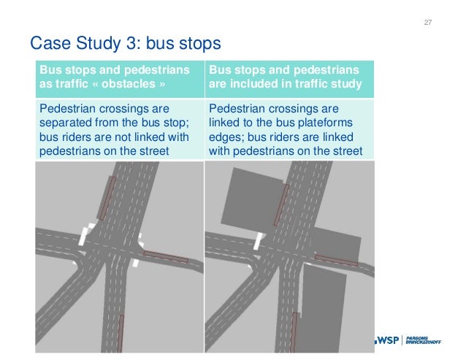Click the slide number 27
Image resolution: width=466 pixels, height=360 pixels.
[x=428, y=23]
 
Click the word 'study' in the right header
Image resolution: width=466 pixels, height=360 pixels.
[x=345, y=84]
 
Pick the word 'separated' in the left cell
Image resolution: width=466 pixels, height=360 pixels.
[x=69, y=121]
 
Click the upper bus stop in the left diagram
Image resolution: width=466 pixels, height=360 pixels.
[x=107, y=198]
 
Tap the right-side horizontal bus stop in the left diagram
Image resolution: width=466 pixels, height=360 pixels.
[x=165, y=256]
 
